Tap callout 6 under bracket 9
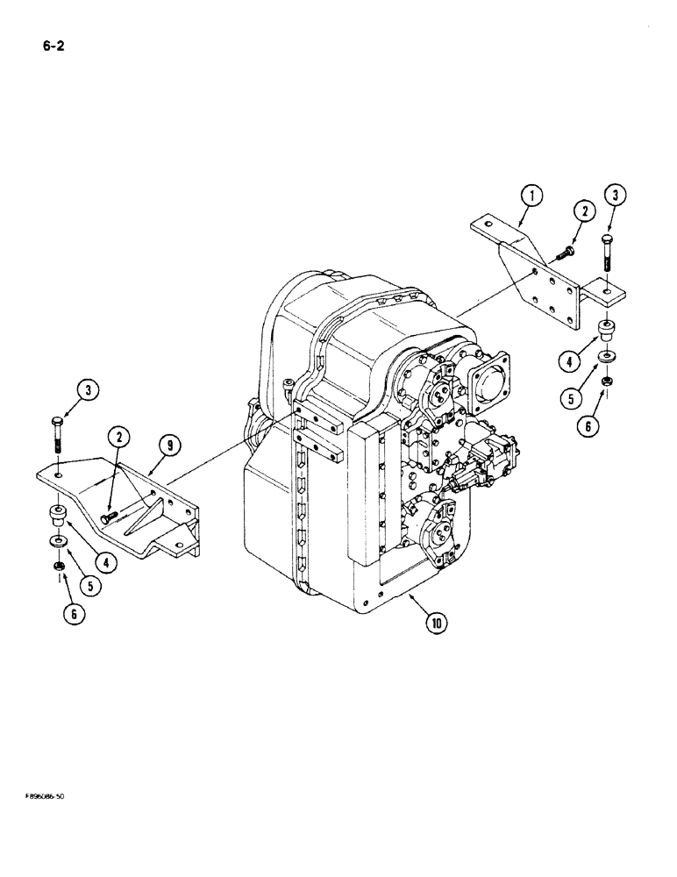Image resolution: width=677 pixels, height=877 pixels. (76, 614)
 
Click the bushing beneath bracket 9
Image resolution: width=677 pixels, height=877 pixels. (58, 514)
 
